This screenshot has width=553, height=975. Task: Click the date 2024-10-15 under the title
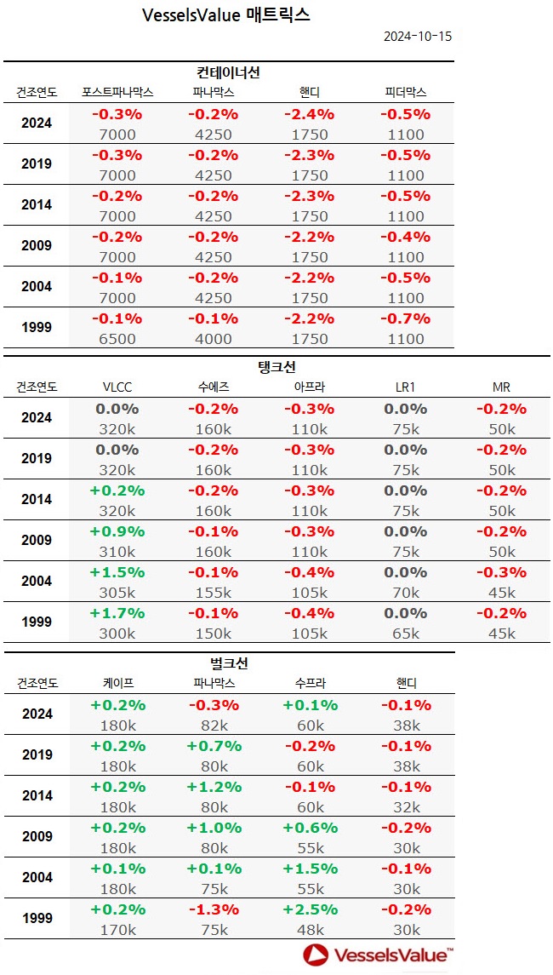(417, 37)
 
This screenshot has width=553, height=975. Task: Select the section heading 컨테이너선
(228, 73)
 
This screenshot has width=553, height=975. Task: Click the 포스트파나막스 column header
(117, 92)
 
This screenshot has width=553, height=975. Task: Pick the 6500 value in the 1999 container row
(117, 338)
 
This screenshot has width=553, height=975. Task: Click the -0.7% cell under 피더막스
(405, 318)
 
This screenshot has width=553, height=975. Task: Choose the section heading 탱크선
(276, 368)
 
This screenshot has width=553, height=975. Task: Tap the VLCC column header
(117, 387)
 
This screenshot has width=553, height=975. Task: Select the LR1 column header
(405, 387)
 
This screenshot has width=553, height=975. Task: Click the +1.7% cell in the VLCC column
(117, 613)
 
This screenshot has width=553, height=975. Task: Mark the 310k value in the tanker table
(117, 551)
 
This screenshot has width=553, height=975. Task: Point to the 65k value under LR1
(405, 633)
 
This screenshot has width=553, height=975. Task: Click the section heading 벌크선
(228, 663)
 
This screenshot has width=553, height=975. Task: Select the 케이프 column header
(117, 683)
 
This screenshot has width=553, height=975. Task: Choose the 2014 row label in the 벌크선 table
(37, 795)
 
